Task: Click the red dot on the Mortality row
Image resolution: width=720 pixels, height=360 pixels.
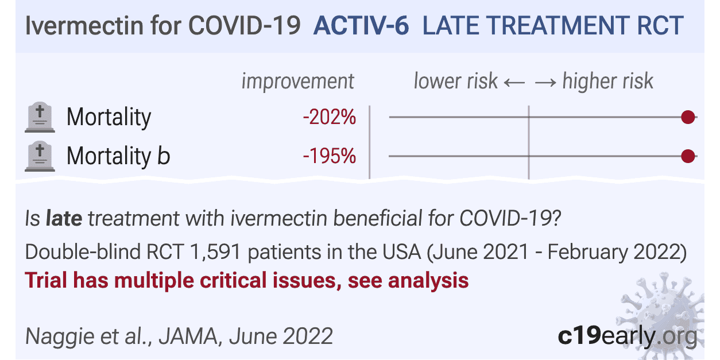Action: (x=688, y=117)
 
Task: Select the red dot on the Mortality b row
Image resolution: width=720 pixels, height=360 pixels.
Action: (x=688, y=156)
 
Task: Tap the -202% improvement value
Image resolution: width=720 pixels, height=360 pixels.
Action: (x=330, y=117)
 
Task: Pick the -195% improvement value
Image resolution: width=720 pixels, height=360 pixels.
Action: (x=330, y=156)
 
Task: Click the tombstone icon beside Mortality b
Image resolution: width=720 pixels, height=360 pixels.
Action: (x=40, y=156)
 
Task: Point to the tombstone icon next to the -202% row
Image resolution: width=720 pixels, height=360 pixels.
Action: (x=40, y=117)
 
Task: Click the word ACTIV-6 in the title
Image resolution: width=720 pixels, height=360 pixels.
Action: (x=361, y=26)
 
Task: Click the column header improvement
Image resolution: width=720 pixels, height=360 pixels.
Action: (x=297, y=81)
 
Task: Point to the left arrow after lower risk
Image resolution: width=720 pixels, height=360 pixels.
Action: (x=514, y=82)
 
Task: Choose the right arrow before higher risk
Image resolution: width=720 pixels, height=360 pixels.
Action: (x=545, y=82)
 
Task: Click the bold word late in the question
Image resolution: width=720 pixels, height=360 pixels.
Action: (x=64, y=218)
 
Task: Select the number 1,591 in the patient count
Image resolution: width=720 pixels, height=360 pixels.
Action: (x=215, y=251)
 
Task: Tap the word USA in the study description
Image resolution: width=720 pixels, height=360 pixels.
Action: (x=401, y=251)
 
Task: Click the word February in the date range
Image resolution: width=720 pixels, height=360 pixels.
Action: (x=587, y=252)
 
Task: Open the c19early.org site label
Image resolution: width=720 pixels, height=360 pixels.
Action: (x=628, y=336)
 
